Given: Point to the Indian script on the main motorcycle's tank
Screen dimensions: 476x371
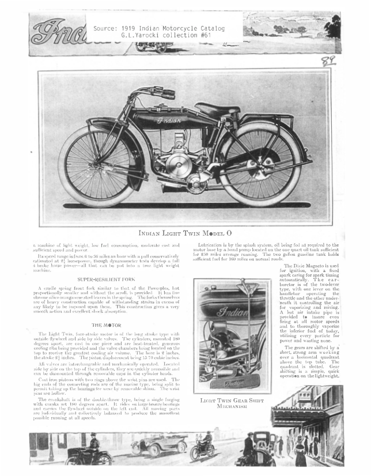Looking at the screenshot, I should pyautogui.click(x=168, y=121).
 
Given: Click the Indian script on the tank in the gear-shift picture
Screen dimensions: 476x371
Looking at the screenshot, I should pyautogui.click(x=230, y=314).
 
